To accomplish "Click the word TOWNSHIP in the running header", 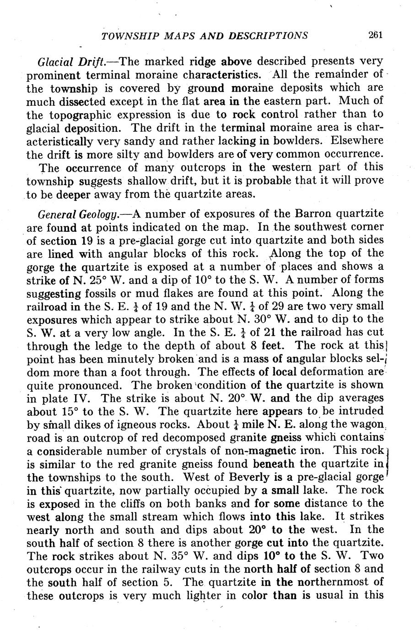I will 124,36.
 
